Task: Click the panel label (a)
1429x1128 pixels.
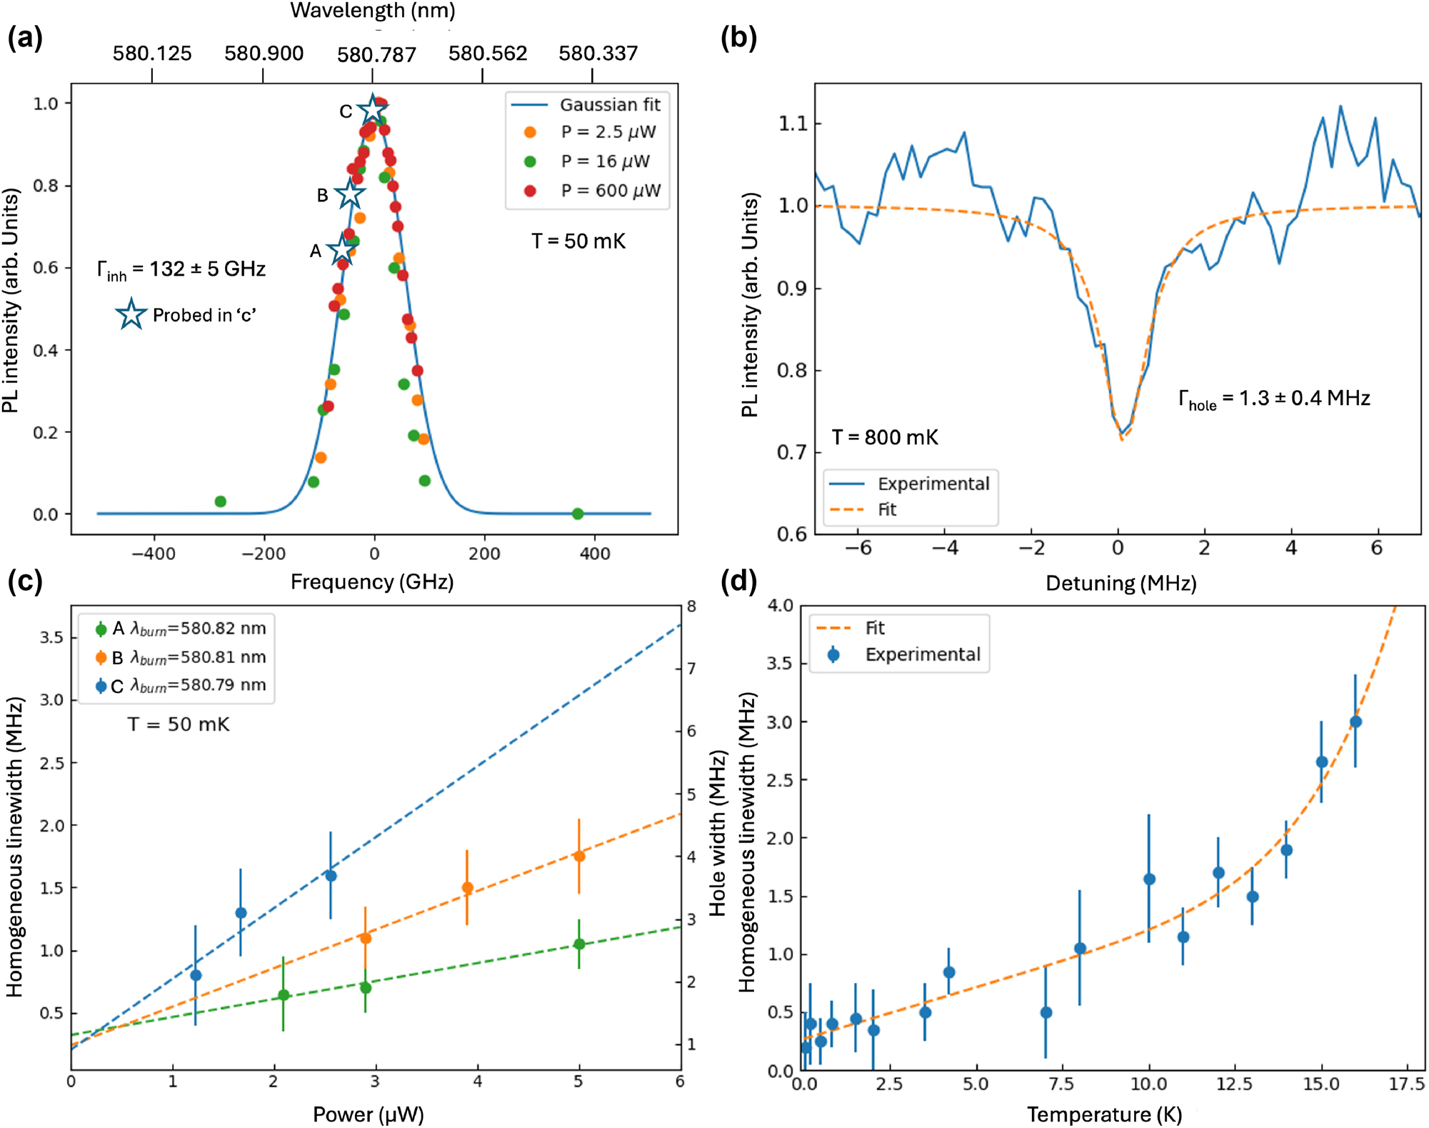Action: tap(25, 37)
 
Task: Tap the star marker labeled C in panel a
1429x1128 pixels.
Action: tap(372, 110)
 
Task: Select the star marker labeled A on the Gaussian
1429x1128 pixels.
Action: tap(341, 251)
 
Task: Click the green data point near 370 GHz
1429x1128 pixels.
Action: tap(578, 514)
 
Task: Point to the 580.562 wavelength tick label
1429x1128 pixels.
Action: tap(488, 54)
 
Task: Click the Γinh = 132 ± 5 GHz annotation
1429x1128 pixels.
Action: tap(181, 270)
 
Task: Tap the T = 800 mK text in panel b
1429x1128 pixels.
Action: tap(885, 437)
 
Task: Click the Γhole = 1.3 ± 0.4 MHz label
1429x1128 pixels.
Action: tap(1274, 399)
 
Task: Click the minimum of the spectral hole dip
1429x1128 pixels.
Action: tap(1122, 437)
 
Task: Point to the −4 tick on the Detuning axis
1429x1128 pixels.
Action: tap(945, 548)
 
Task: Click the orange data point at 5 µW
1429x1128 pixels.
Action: tap(579, 856)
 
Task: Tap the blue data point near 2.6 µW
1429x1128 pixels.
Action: tap(331, 876)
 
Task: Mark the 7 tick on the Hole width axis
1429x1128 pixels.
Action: tap(691, 669)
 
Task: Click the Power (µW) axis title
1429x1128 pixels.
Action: tap(368, 1114)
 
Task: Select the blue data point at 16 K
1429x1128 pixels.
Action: tap(1355, 722)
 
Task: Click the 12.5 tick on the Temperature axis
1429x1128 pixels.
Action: tap(1234, 1084)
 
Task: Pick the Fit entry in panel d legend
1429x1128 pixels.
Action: tap(875, 628)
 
